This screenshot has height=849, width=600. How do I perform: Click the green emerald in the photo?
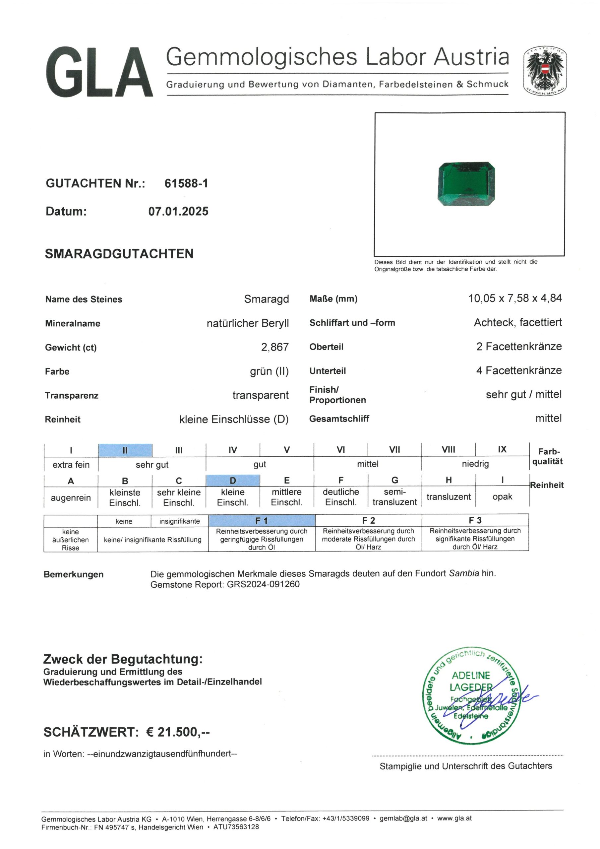466,184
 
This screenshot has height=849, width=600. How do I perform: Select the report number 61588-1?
186,183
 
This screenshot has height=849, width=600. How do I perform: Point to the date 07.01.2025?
178,212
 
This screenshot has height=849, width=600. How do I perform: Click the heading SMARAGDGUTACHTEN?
119,254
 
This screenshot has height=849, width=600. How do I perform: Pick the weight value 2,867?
275,347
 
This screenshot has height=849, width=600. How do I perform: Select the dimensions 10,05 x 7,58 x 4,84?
514,298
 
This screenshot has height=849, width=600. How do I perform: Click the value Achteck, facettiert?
517,322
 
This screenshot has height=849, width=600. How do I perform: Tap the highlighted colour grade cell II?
125,450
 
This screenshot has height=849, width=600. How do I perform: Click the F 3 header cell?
475,520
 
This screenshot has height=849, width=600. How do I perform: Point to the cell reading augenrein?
71,498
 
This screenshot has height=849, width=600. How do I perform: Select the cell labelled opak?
502,496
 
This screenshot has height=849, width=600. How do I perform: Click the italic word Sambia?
464,573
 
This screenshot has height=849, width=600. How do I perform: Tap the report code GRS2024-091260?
263,584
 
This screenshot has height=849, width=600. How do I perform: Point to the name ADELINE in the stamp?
471,676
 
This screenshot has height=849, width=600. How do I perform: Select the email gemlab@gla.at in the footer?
403,818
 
